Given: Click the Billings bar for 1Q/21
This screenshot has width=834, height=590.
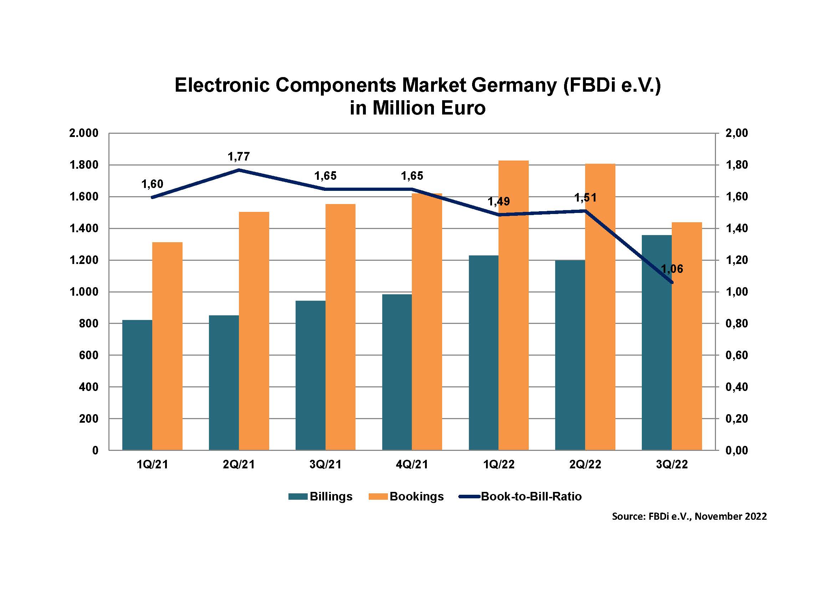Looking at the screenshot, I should (x=137, y=385).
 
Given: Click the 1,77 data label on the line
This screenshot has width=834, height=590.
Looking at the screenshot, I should (x=239, y=157).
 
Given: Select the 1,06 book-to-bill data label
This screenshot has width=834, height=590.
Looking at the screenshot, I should (x=672, y=269).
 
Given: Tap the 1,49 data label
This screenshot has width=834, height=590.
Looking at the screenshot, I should (x=498, y=201).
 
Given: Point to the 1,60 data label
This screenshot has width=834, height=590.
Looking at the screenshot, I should (x=152, y=184).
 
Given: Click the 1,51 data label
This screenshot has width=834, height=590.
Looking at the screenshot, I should (x=585, y=198).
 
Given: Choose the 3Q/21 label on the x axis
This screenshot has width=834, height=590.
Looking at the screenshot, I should (x=326, y=464).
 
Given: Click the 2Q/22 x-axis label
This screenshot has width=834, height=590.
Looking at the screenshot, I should (x=585, y=464).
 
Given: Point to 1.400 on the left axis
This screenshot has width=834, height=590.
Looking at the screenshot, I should (x=84, y=229).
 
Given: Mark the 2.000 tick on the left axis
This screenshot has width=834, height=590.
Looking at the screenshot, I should (x=84, y=133).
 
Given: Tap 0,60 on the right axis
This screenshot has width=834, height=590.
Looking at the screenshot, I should (x=737, y=355).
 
